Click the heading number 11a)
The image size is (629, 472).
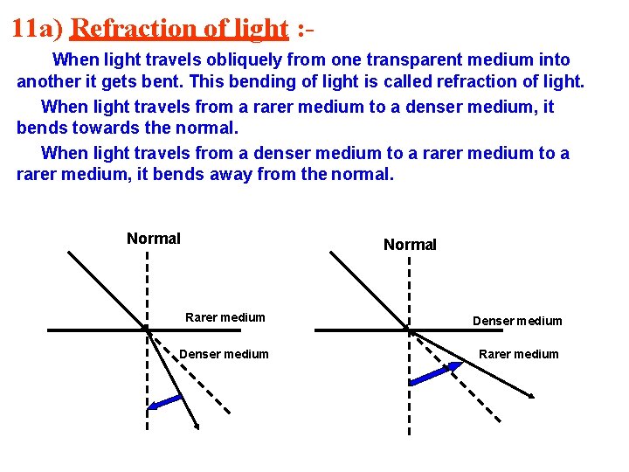(37, 28)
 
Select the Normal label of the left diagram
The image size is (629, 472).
(154, 239)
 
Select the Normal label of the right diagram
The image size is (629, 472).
(410, 245)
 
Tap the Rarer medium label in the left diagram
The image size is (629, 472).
(225, 317)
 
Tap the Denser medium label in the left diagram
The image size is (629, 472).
(224, 354)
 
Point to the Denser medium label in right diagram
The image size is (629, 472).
(517, 321)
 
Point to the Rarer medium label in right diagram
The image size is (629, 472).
(518, 354)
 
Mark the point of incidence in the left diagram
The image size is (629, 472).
(147, 330)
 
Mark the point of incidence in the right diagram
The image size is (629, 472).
(409, 330)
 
